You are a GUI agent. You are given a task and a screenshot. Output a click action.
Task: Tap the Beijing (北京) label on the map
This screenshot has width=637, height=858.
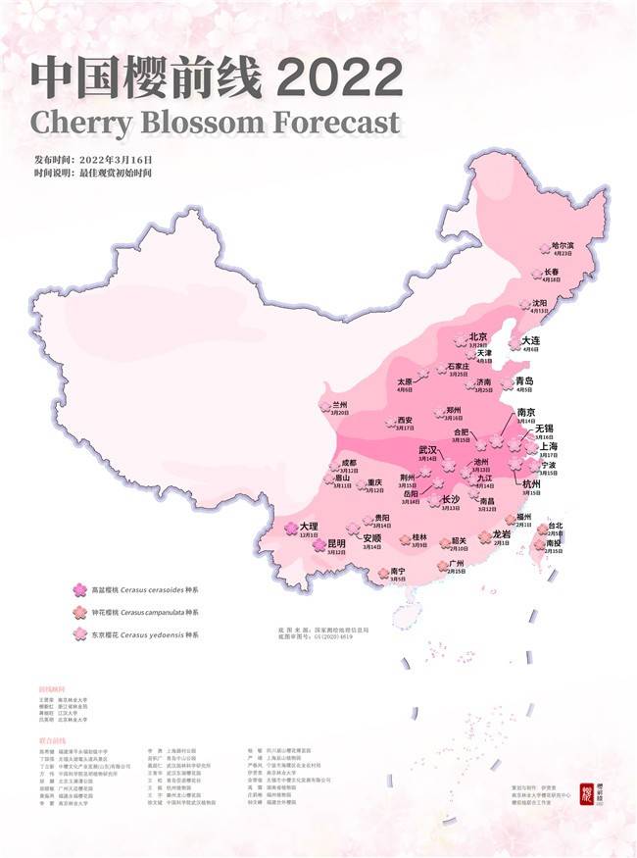tap(478, 337)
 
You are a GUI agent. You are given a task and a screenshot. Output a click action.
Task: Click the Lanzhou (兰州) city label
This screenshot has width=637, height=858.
tap(340, 404)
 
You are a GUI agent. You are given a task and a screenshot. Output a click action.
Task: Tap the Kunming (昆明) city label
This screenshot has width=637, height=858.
tap(336, 543)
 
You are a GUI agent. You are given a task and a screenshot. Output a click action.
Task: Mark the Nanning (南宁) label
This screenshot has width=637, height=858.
tap(397, 571)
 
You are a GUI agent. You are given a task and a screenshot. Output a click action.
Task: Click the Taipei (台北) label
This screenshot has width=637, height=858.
tap(556, 525)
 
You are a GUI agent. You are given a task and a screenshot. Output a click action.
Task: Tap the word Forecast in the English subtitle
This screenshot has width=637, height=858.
tap(335, 123)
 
